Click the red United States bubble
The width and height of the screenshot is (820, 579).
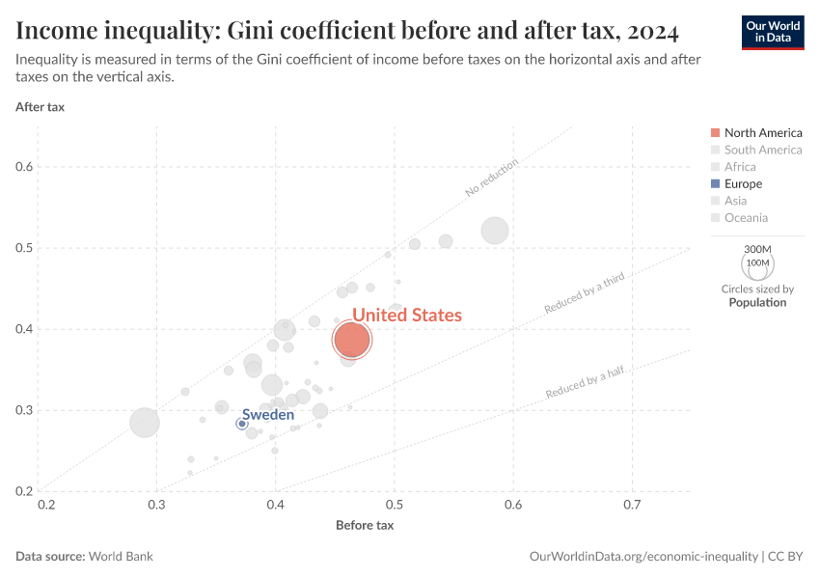352,339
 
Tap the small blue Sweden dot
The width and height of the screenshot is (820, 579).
242,424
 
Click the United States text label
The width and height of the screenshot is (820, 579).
406,315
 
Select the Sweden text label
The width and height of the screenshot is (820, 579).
268,414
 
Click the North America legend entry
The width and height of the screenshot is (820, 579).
762,132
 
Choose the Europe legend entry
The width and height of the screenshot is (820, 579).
743,183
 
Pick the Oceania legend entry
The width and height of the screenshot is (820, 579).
746,218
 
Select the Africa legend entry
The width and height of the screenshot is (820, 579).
740,167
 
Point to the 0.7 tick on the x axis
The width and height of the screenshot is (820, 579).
632,505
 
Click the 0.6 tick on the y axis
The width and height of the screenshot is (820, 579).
24,167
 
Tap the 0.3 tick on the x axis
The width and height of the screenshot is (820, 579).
156,505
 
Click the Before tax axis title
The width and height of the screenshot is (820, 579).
365,525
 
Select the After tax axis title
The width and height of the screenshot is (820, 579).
40,106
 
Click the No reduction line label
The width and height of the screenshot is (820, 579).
491,178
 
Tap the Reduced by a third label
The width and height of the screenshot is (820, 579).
585,293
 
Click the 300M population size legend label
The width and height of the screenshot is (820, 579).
759,249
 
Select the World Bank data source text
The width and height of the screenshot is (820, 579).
121,557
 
